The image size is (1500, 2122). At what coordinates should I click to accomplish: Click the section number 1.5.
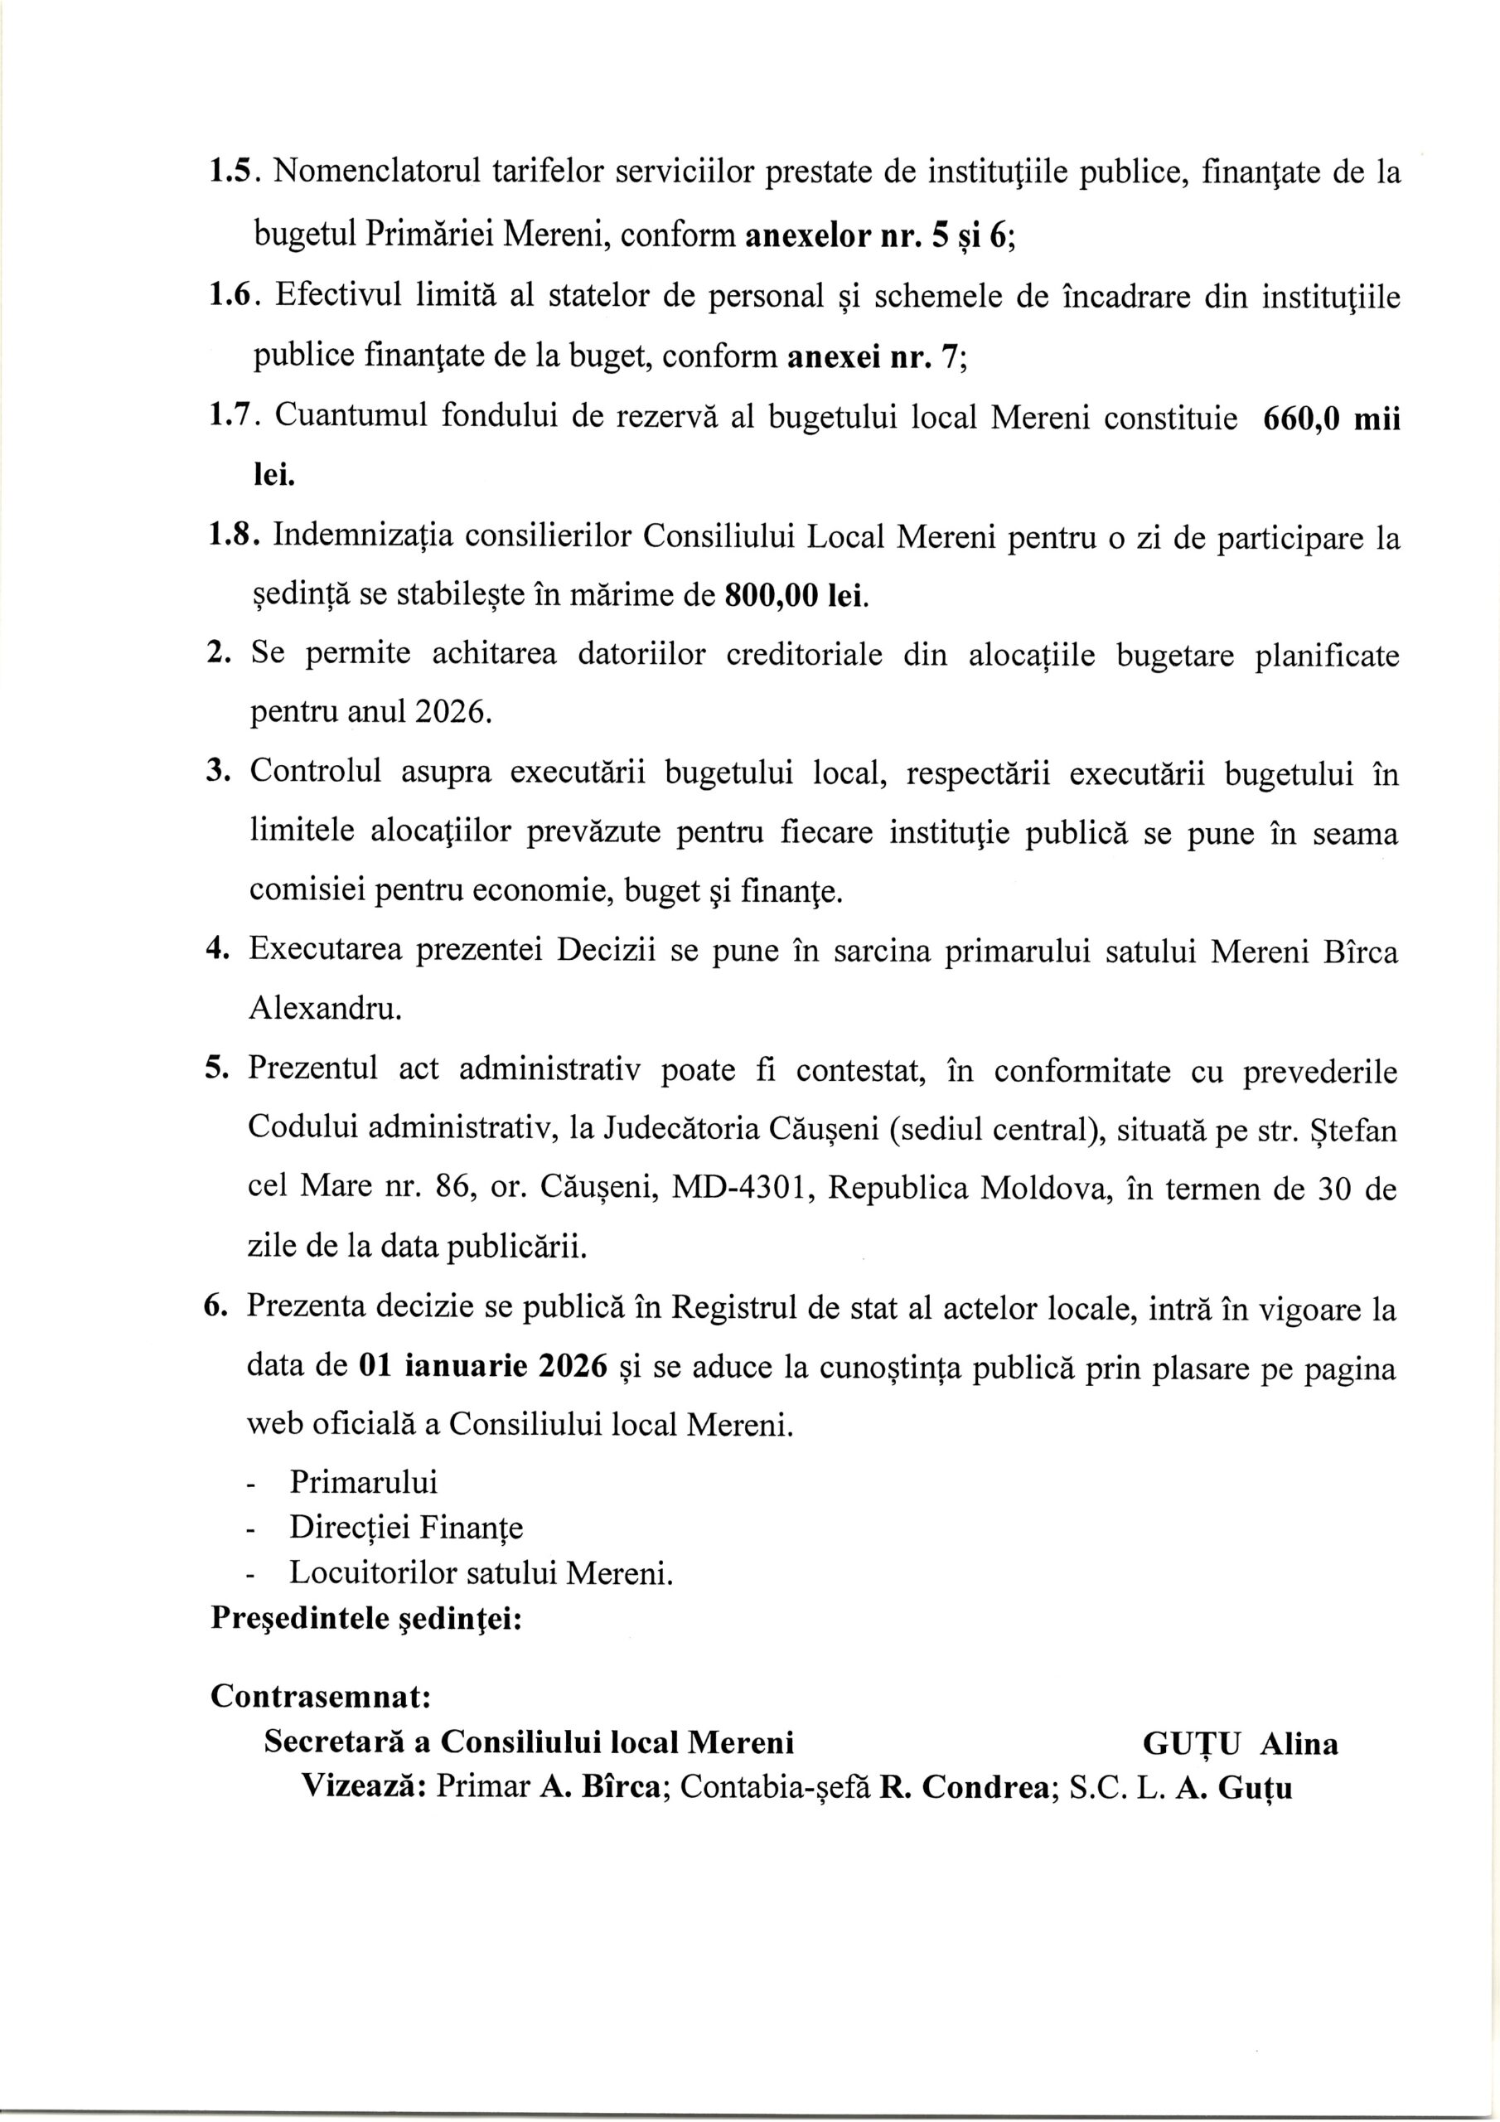tap(235, 172)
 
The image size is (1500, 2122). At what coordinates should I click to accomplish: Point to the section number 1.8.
tap(235, 537)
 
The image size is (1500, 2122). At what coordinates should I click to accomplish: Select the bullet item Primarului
tap(363, 1482)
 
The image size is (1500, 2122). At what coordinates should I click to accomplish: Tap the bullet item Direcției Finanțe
tap(406, 1528)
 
